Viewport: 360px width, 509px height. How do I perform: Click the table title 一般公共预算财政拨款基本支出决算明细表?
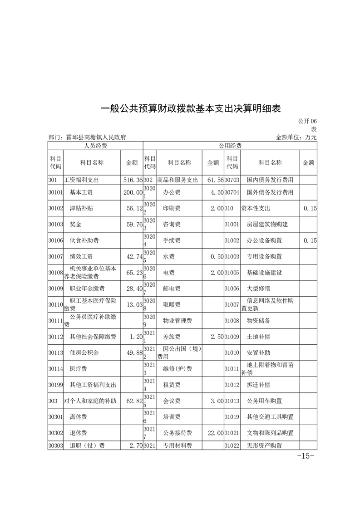point(191,109)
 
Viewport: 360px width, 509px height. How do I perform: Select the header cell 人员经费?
point(95,146)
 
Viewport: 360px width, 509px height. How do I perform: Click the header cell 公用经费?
point(230,146)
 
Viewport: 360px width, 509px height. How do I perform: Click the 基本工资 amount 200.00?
point(133,192)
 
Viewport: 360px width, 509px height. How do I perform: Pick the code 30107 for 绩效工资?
point(55,257)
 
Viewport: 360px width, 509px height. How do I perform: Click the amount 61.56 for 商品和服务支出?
point(215,180)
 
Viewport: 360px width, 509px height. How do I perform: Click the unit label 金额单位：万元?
point(296,137)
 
